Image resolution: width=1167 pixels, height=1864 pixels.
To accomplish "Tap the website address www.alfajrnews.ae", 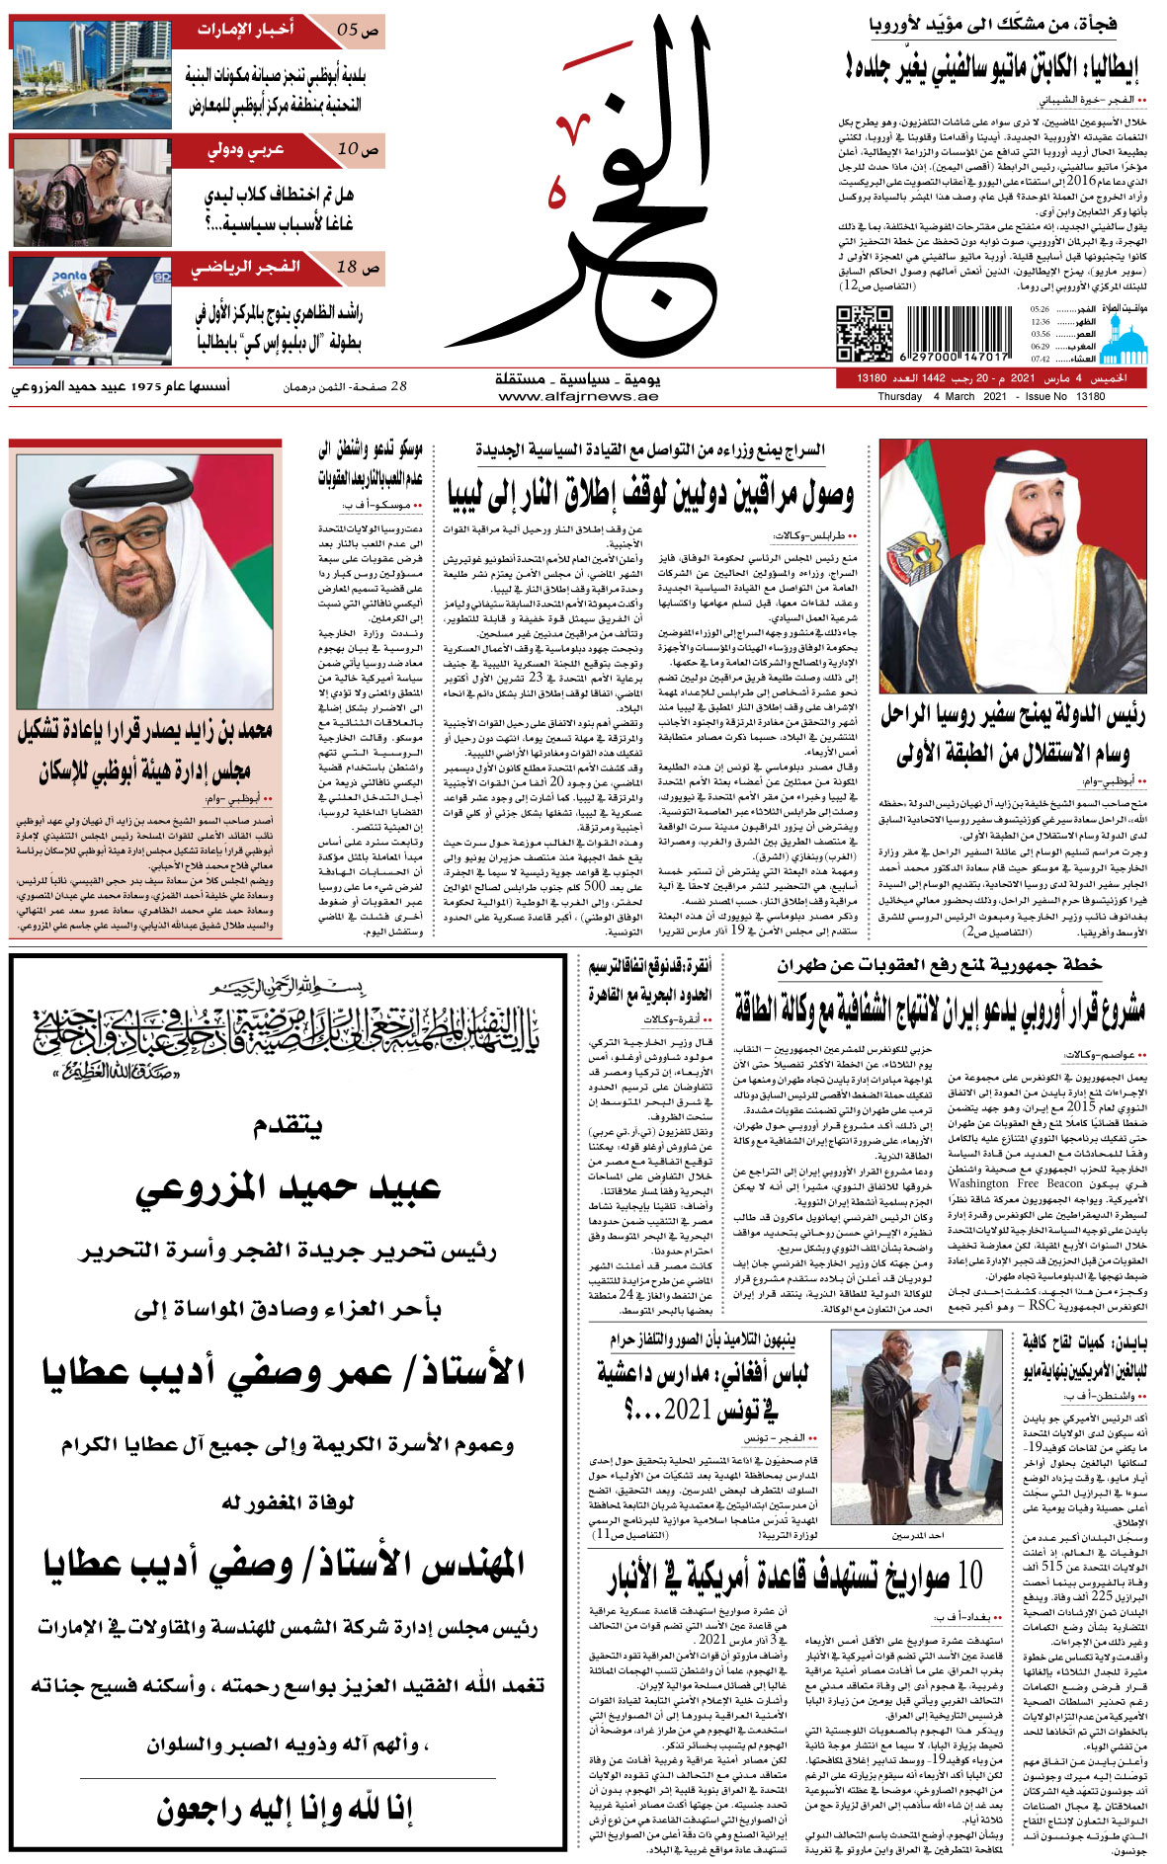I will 578,396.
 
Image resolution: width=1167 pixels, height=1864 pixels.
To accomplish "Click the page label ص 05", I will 357,30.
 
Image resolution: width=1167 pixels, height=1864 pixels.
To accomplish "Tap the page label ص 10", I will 357,149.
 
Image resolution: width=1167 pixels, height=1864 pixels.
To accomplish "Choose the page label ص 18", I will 357,268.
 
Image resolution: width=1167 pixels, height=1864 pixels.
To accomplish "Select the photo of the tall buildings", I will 91,74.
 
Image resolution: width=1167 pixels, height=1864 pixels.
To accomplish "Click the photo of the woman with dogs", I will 91,190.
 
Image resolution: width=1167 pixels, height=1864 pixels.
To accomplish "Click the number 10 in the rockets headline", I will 969,1576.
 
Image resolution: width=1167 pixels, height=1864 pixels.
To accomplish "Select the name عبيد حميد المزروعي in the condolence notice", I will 288,1187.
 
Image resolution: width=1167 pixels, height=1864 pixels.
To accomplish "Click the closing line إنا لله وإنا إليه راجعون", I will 285,1810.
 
